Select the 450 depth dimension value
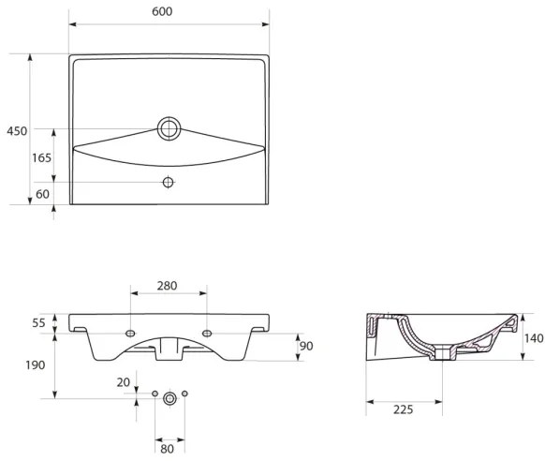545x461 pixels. tap(16, 130)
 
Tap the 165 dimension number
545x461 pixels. tap(41, 157)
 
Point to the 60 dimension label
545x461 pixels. tap(42, 194)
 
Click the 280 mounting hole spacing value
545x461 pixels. tap(168, 286)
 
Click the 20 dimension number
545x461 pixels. tap(123, 381)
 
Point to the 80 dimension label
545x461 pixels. tap(169, 436)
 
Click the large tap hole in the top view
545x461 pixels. tap(169, 128)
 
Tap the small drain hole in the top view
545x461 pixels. tap(169, 181)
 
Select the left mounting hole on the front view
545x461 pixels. tap(129, 332)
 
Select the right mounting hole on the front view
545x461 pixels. tap(206, 332)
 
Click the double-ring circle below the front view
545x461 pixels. tap(169, 397)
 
